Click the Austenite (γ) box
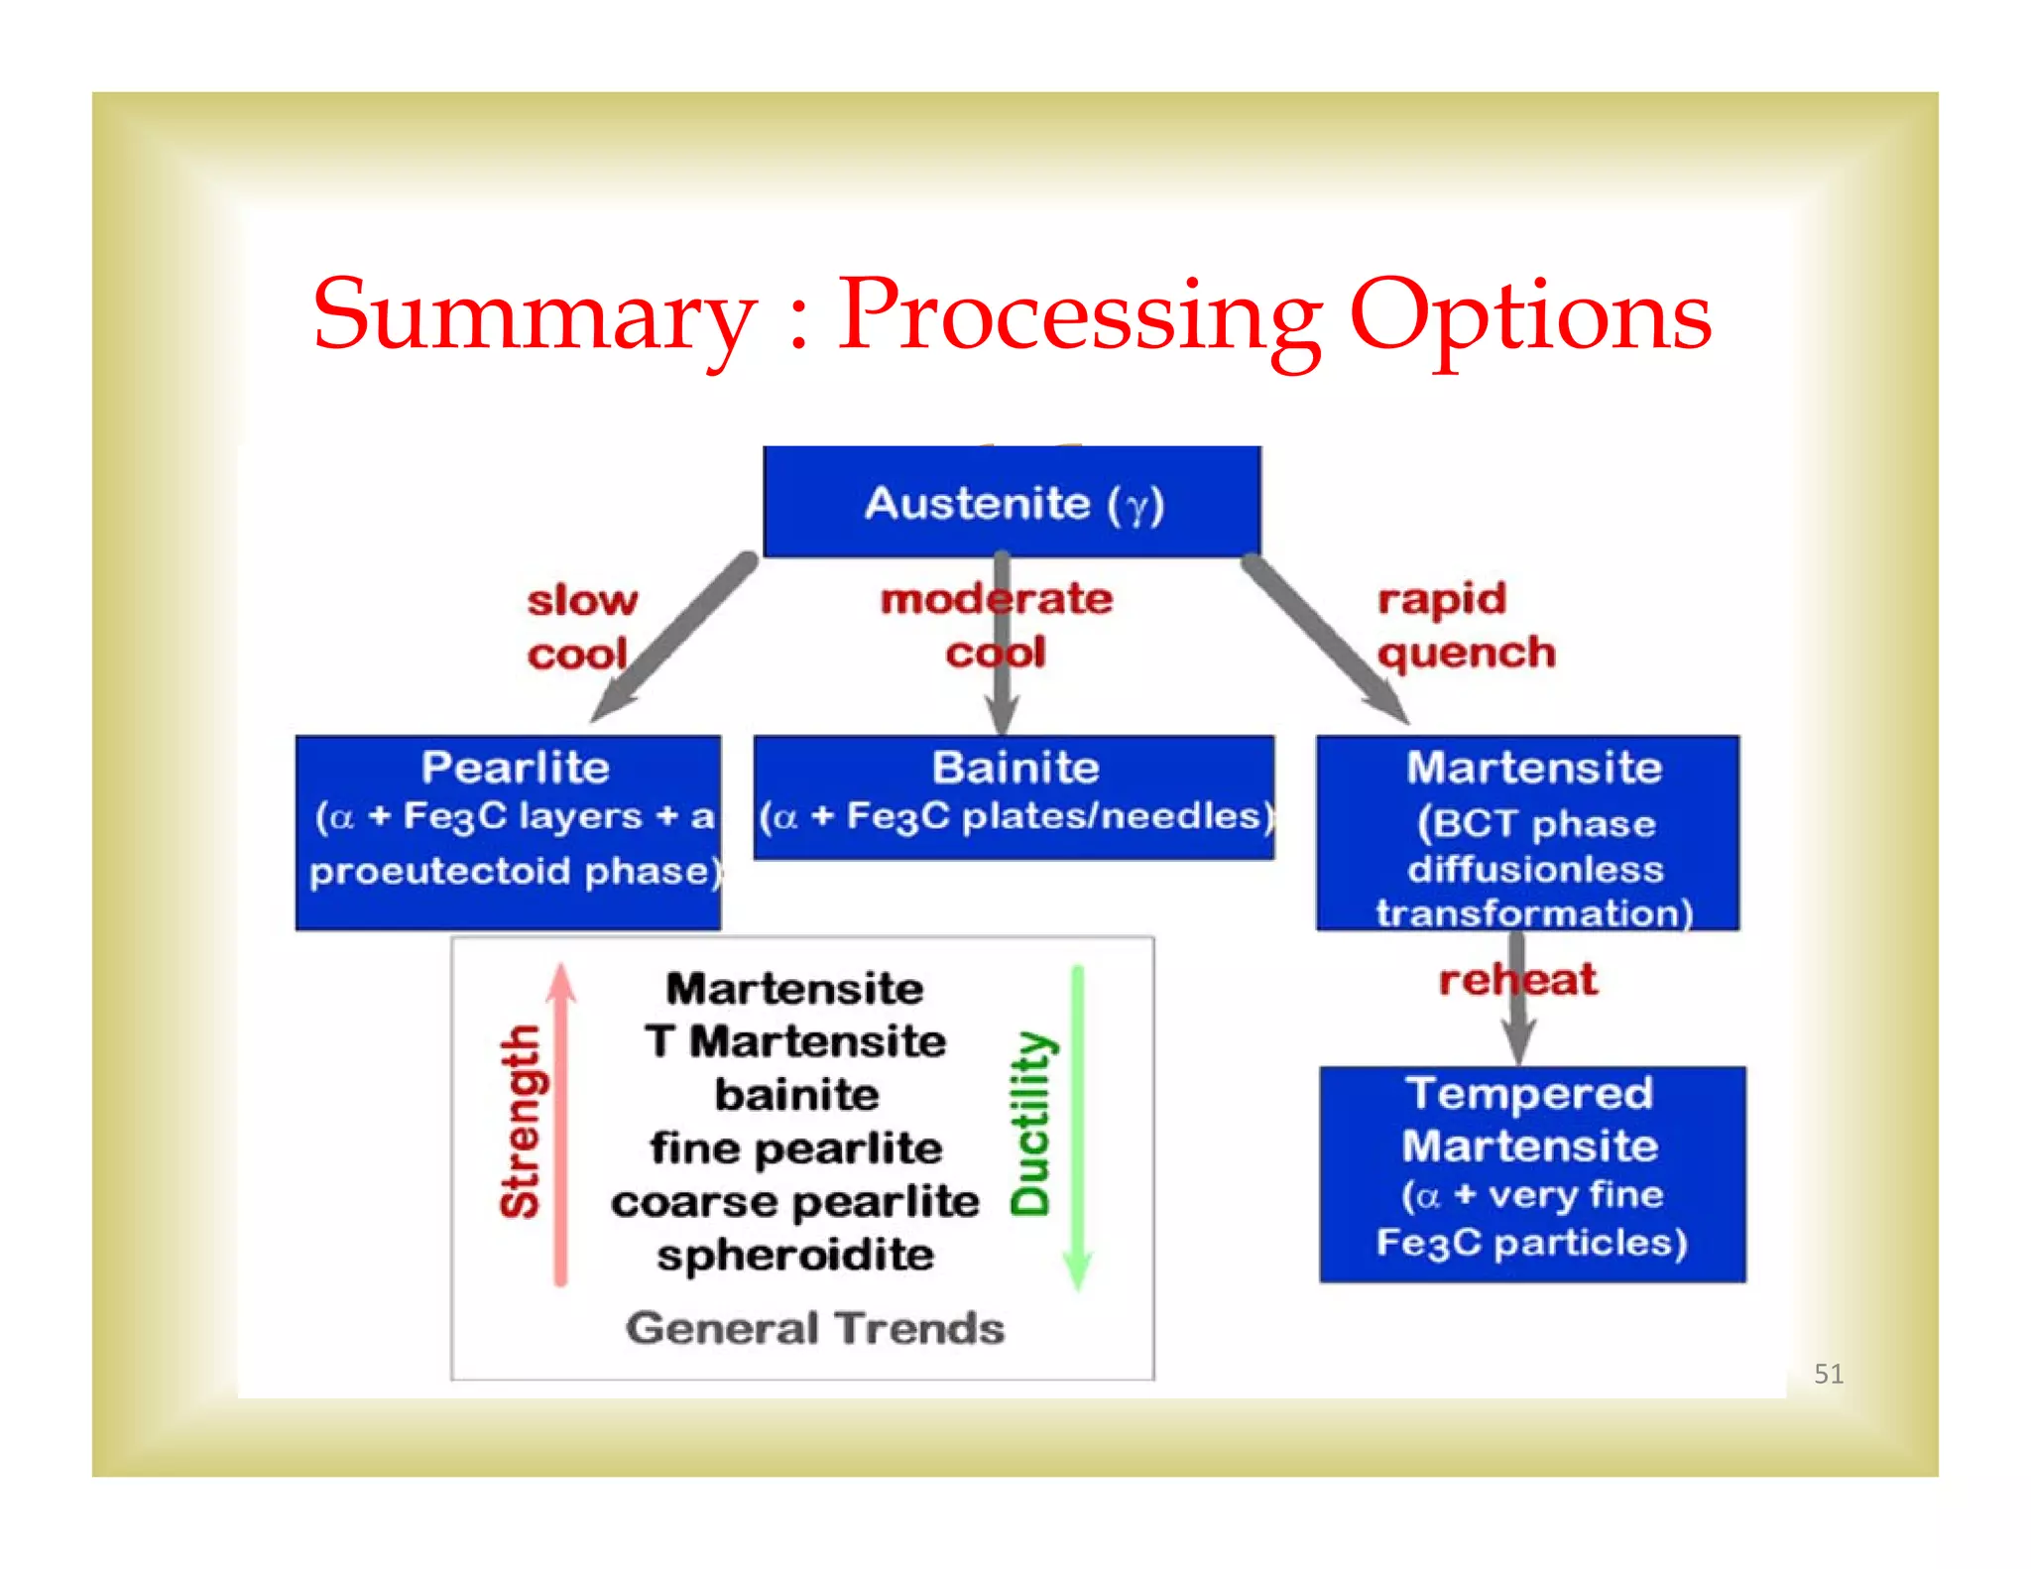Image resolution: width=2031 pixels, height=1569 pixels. click(1012, 502)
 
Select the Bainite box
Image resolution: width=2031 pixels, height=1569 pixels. click(1014, 796)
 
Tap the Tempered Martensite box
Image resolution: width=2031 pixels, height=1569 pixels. click(1532, 1173)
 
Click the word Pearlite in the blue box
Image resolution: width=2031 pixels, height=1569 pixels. click(515, 768)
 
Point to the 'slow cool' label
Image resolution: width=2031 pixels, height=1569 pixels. click(581, 627)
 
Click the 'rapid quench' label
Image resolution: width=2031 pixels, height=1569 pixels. click(1465, 626)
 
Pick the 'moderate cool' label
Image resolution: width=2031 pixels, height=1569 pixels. click(997, 625)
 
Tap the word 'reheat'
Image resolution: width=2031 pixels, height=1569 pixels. click(1517, 980)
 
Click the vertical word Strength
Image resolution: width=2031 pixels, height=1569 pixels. click(521, 1122)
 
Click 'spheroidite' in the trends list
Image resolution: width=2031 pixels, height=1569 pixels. click(795, 1256)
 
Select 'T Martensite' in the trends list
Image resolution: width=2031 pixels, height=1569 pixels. click(795, 1041)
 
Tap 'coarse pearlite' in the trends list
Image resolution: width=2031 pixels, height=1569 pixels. click(795, 1202)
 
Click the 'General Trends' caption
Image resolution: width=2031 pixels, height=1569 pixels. click(814, 1328)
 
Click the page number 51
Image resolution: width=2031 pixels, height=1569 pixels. click(1828, 1374)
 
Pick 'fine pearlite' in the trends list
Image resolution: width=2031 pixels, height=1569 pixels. click(795, 1148)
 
